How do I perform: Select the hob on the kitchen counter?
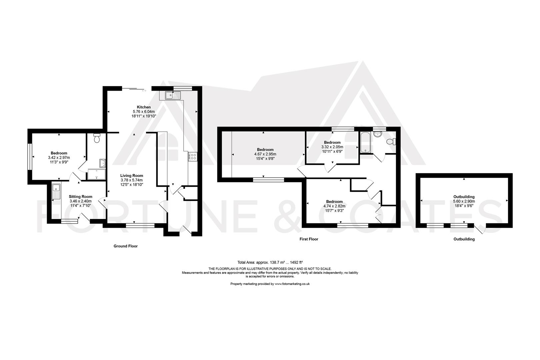(193, 157)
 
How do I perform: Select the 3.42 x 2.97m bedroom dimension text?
(59, 158)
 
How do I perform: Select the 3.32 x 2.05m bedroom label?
(332, 142)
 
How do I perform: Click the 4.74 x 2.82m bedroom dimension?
(334, 206)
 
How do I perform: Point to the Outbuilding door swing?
(479, 229)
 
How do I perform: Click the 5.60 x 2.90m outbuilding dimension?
(464, 201)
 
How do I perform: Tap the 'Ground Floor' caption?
(125, 246)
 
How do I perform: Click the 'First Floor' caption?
(309, 239)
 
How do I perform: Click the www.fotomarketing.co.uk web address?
(292, 284)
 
